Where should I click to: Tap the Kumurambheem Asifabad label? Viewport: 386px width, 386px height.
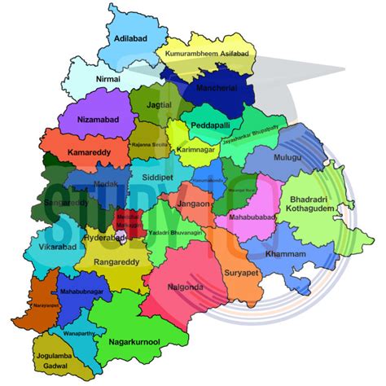coord(207,54)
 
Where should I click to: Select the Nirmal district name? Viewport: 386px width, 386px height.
coord(108,79)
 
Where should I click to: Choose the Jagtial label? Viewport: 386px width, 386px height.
coord(160,107)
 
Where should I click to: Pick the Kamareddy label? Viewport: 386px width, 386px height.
coord(89,152)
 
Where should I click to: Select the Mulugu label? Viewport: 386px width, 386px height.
coord(288,157)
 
